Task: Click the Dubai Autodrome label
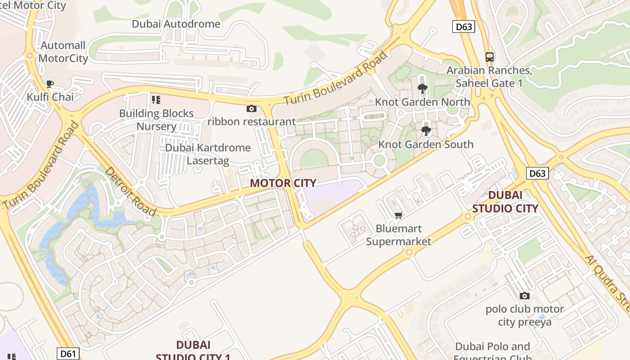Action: pos(176,24)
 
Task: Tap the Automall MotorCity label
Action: pos(63,52)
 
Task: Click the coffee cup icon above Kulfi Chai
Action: pos(50,84)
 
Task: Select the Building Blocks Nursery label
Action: pos(156,120)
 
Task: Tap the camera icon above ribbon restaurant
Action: pos(252,108)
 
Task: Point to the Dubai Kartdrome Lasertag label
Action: pos(208,154)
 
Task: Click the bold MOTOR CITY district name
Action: pos(283,183)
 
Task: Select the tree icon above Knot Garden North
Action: pos(422,88)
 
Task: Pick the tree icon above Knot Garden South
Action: pos(426,131)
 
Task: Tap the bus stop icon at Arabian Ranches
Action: pos(490,57)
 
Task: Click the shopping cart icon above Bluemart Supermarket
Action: pos(398,215)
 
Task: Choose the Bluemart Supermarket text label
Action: pos(398,235)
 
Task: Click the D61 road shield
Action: pos(68,354)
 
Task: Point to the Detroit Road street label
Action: pos(130,191)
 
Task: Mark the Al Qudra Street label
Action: pos(607,283)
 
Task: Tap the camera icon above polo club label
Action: pos(524,296)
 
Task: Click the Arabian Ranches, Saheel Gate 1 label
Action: pos(489,77)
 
